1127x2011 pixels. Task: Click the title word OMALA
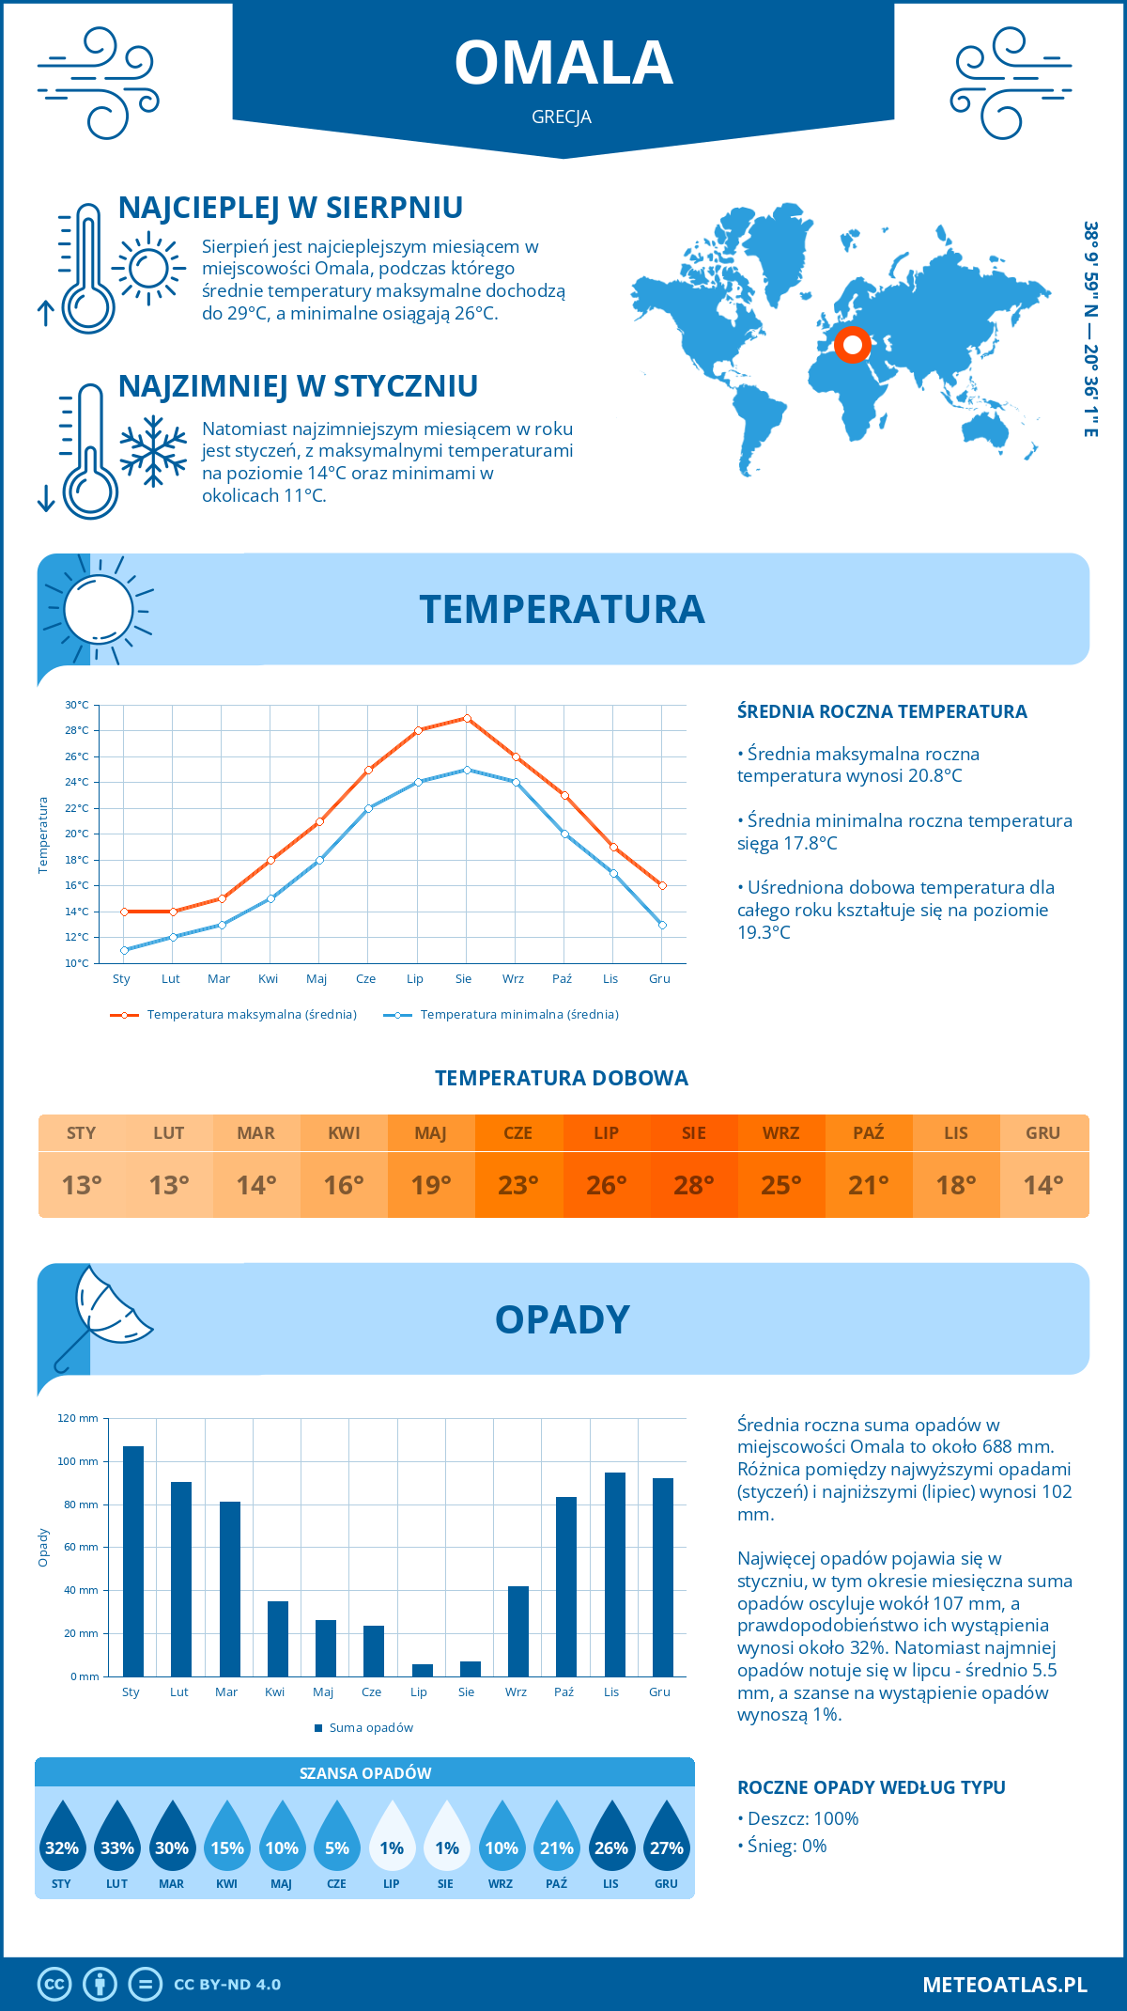(563, 63)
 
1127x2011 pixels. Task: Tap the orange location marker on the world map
(853, 345)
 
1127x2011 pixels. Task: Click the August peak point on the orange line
(467, 718)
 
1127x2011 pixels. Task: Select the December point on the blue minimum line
(662, 925)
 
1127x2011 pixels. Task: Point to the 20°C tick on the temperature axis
(77, 834)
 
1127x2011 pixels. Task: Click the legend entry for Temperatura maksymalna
(234, 1015)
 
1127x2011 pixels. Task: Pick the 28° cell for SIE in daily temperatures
(693, 1185)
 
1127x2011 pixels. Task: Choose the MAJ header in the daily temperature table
(431, 1133)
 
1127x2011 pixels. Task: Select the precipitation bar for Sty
(133, 1561)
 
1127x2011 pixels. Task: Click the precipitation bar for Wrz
(518, 1630)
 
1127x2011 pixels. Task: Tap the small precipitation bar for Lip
(423, 1670)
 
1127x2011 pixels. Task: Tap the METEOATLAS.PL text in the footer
(1004, 1985)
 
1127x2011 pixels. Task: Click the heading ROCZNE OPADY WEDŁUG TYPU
(871, 1787)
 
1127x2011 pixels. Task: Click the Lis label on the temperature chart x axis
(610, 979)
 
